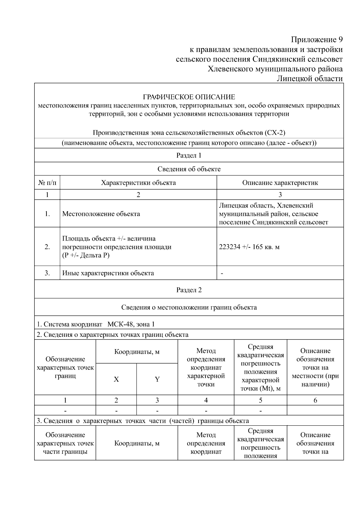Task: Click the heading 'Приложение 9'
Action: (x=316, y=40)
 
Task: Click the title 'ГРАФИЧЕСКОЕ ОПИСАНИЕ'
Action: (x=189, y=97)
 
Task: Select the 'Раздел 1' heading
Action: (x=189, y=155)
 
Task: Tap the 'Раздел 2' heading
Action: (x=189, y=290)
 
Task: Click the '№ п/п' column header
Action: (x=47, y=183)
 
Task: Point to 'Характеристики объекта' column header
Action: (x=138, y=183)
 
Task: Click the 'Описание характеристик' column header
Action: (x=280, y=183)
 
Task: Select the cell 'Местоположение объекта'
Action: (x=101, y=214)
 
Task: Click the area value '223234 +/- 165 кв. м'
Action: (x=249, y=247)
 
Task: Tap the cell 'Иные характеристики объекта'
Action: (x=108, y=273)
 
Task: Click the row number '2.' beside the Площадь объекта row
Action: (x=47, y=247)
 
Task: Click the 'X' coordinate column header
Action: (x=116, y=379)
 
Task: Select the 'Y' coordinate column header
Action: (x=157, y=379)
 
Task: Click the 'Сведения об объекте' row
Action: (x=189, y=169)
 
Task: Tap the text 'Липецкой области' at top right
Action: (x=309, y=79)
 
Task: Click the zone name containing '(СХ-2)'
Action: (x=189, y=133)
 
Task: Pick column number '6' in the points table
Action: (x=315, y=400)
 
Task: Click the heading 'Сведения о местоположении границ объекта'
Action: (x=189, y=307)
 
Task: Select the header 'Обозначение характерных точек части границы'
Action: (x=65, y=443)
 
